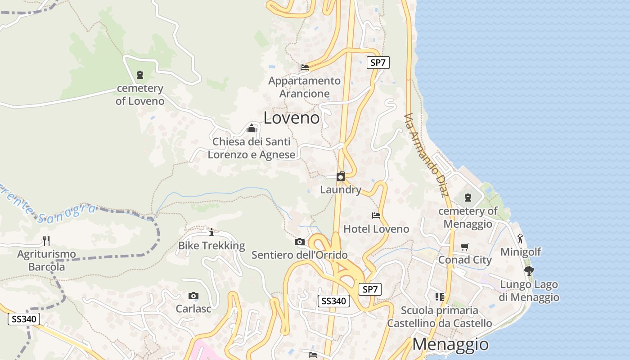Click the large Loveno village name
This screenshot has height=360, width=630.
pyautogui.click(x=291, y=118)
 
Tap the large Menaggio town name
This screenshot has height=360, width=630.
pyautogui.click(x=450, y=344)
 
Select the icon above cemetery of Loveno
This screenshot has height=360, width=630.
pyautogui.click(x=139, y=75)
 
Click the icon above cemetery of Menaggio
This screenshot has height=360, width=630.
pyautogui.click(x=468, y=198)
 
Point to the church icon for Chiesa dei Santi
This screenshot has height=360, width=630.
pyautogui.click(x=251, y=129)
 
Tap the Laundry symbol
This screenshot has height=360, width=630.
pyautogui.click(x=341, y=176)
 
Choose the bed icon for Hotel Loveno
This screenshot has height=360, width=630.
pyautogui.click(x=376, y=216)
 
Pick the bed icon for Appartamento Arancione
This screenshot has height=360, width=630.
pyautogui.click(x=305, y=67)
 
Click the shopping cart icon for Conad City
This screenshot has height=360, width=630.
pyautogui.click(x=465, y=247)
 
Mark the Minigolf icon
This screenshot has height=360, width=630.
pyautogui.click(x=520, y=238)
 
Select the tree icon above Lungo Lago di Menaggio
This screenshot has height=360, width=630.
pyautogui.click(x=529, y=271)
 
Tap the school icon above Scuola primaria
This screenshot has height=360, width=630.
pyautogui.click(x=440, y=297)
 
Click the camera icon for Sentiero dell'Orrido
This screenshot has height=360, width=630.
pyautogui.click(x=299, y=242)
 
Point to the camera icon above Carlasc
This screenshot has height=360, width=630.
pyautogui.click(x=193, y=296)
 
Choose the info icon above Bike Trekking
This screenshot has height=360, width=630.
pyautogui.click(x=211, y=232)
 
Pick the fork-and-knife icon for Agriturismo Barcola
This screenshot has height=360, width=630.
pyautogui.click(x=46, y=241)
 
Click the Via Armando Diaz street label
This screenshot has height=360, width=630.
pyautogui.click(x=426, y=155)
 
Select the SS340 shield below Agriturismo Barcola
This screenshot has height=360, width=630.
pyautogui.click(x=24, y=319)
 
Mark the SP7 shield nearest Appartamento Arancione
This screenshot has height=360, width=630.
pyautogui.click(x=378, y=63)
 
